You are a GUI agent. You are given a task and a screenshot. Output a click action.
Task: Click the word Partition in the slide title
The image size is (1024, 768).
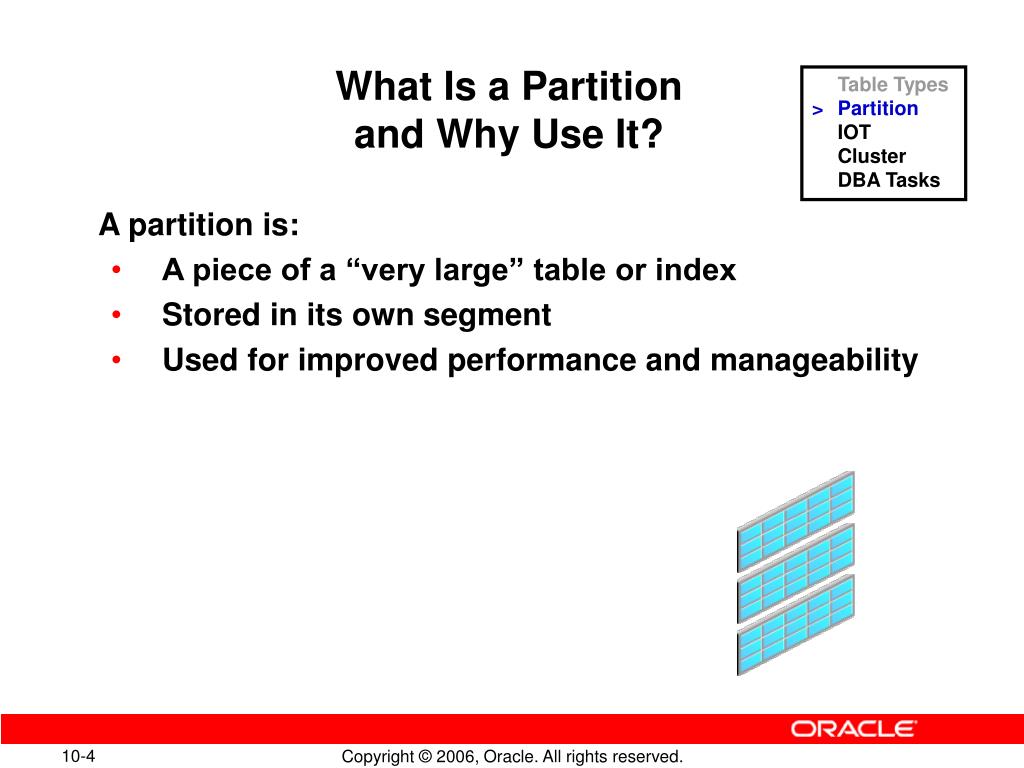pyautogui.click(x=601, y=87)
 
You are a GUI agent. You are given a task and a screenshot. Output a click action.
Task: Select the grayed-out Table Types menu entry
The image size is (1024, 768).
pyautogui.click(x=893, y=85)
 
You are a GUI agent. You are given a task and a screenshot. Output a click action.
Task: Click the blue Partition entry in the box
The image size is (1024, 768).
pyautogui.click(x=878, y=108)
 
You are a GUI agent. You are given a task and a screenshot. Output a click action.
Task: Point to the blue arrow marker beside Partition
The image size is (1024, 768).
pyautogui.click(x=818, y=110)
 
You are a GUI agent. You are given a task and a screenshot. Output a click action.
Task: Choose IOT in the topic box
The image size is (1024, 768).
pyautogui.click(x=854, y=133)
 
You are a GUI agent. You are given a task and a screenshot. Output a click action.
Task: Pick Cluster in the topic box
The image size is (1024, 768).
pyautogui.click(x=872, y=156)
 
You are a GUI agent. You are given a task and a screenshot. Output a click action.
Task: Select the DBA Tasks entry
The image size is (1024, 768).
pyautogui.click(x=889, y=180)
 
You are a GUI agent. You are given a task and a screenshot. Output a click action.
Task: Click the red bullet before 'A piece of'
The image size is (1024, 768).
pyautogui.click(x=116, y=270)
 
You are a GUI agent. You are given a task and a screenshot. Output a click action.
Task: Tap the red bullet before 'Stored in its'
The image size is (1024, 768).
pyautogui.click(x=116, y=315)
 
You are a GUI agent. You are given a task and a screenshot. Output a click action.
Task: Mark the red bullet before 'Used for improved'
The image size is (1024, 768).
pyautogui.click(x=116, y=360)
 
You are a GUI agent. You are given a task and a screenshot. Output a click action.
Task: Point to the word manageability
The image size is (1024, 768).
pyautogui.click(x=814, y=361)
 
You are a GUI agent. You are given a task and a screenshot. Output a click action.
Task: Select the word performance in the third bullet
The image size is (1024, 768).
pyautogui.click(x=541, y=361)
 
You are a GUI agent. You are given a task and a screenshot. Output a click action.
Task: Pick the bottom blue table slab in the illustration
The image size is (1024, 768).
pyautogui.click(x=796, y=625)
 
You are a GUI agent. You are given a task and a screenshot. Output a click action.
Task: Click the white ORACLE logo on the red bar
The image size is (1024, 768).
pyautogui.click(x=854, y=729)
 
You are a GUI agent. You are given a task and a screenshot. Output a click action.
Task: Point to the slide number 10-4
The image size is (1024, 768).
pyautogui.click(x=78, y=756)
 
